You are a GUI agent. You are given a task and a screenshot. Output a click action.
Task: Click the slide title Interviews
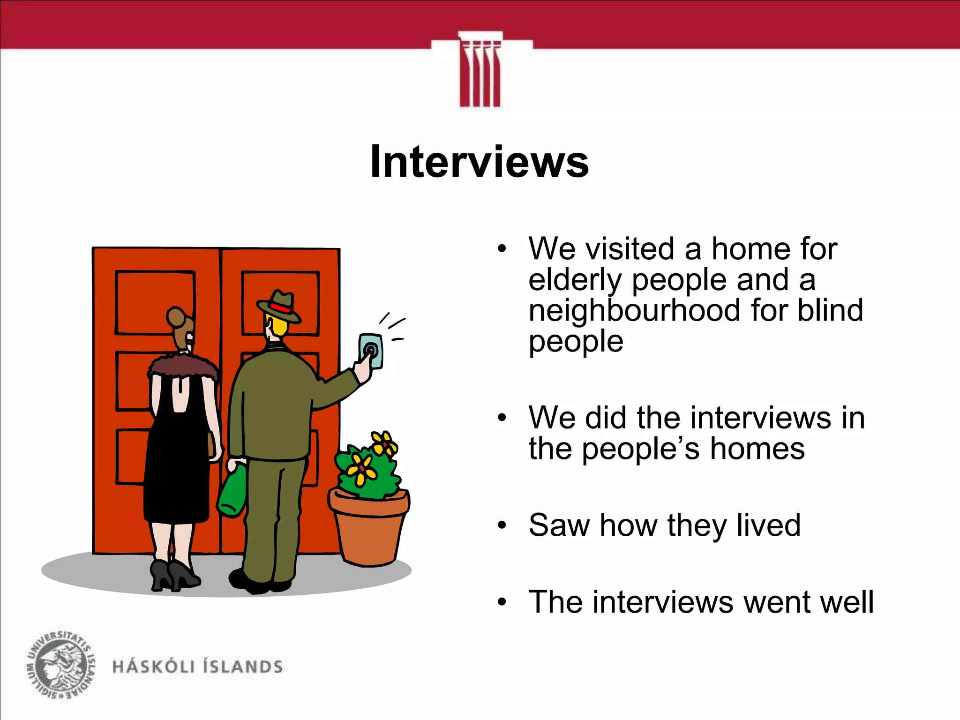[479, 162]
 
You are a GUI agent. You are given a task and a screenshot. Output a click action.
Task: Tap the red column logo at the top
[480, 70]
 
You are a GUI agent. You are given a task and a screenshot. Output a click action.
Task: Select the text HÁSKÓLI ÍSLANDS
[197, 667]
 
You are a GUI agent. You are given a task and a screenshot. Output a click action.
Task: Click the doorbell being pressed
[371, 351]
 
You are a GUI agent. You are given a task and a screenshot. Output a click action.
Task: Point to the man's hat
[279, 307]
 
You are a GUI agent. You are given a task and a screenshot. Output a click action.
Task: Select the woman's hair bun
[176, 317]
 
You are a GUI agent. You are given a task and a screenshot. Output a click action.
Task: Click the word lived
[768, 525]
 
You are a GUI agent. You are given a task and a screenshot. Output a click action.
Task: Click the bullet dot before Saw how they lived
[502, 526]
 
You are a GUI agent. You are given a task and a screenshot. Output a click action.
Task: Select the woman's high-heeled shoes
[174, 574]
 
